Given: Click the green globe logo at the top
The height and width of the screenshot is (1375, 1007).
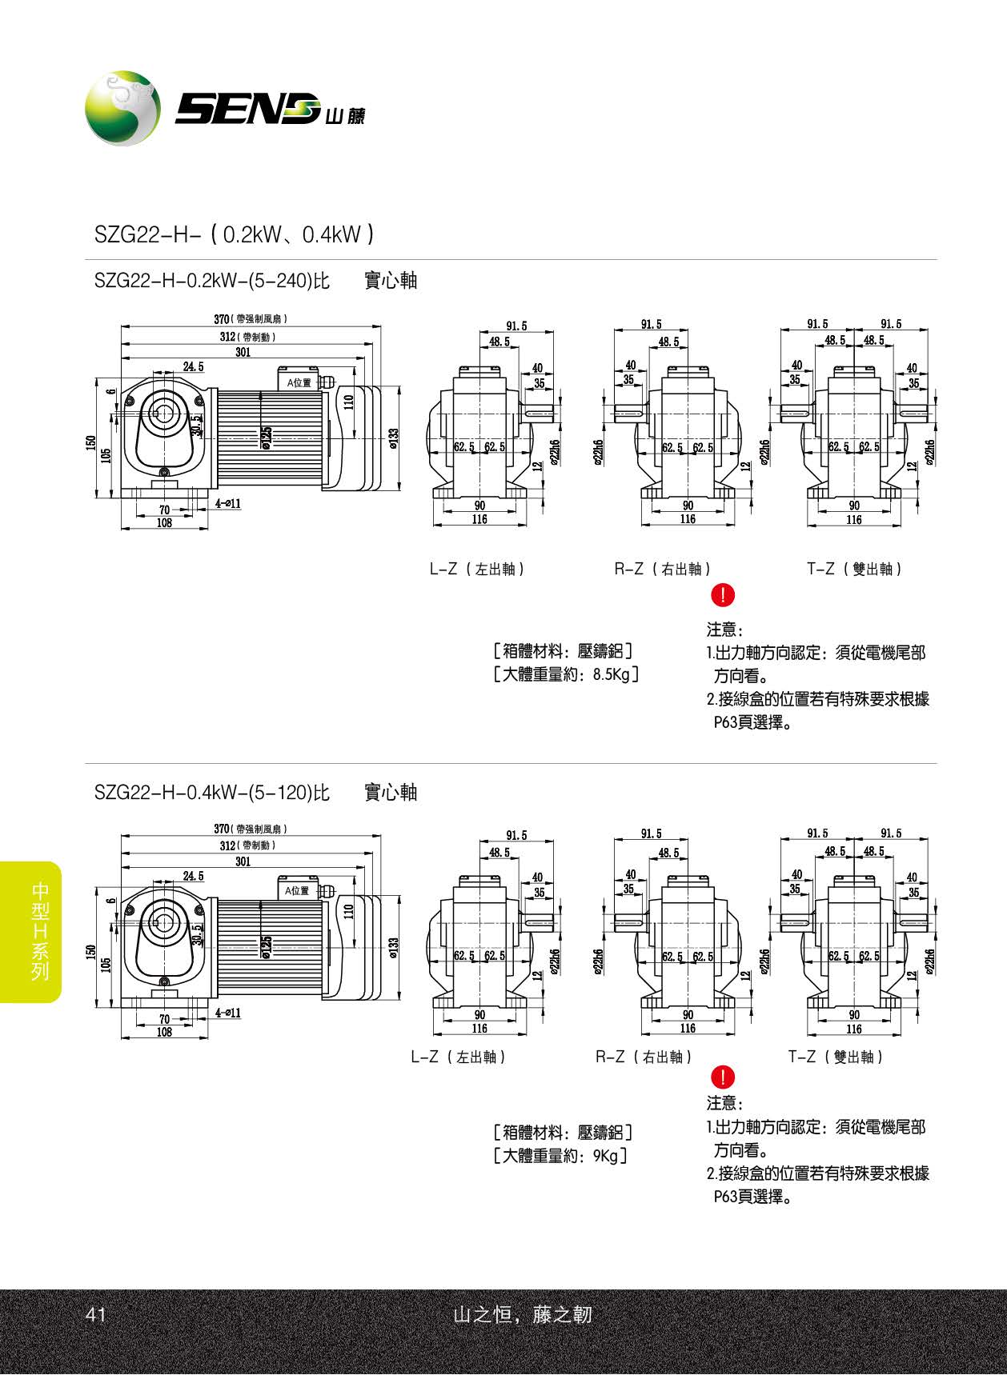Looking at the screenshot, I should click(x=122, y=108).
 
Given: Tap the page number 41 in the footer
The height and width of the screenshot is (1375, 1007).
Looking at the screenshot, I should click(x=96, y=1314).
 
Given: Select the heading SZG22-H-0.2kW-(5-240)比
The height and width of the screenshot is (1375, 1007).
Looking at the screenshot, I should click(x=212, y=281).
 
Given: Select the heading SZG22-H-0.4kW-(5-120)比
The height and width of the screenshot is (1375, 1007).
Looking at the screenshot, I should click(x=212, y=793).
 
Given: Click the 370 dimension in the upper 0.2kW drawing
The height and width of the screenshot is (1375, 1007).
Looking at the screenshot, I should click(x=222, y=319).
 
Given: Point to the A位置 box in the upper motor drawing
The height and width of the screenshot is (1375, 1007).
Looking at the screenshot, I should click(x=299, y=382).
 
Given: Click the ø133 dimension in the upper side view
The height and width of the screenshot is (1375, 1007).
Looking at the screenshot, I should click(x=393, y=438).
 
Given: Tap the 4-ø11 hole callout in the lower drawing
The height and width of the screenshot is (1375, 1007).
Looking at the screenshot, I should click(x=228, y=1013).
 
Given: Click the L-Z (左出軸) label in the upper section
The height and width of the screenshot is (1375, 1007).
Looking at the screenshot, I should click(x=477, y=569).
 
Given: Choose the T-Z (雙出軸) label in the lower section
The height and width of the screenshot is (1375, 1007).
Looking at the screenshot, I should click(x=836, y=1057).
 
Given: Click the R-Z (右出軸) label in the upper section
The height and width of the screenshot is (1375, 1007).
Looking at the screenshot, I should click(x=663, y=569).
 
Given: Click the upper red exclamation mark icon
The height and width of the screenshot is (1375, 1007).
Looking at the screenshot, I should click(x=723, y=594).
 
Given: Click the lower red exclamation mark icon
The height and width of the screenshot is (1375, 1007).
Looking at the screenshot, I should click(x=723, y=1077).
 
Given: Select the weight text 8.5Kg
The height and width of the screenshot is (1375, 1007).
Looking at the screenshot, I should click(x=612, y=674).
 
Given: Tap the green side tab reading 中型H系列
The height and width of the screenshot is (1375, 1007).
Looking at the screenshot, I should click(x=38, y=931).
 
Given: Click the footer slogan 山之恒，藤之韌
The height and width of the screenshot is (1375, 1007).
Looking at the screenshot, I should click(x=522, y=1314).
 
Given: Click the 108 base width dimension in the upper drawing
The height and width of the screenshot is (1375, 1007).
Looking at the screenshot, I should click(x=164, y=523).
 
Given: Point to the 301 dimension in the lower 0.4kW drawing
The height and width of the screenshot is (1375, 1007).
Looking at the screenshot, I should click(x=243, y=861).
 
